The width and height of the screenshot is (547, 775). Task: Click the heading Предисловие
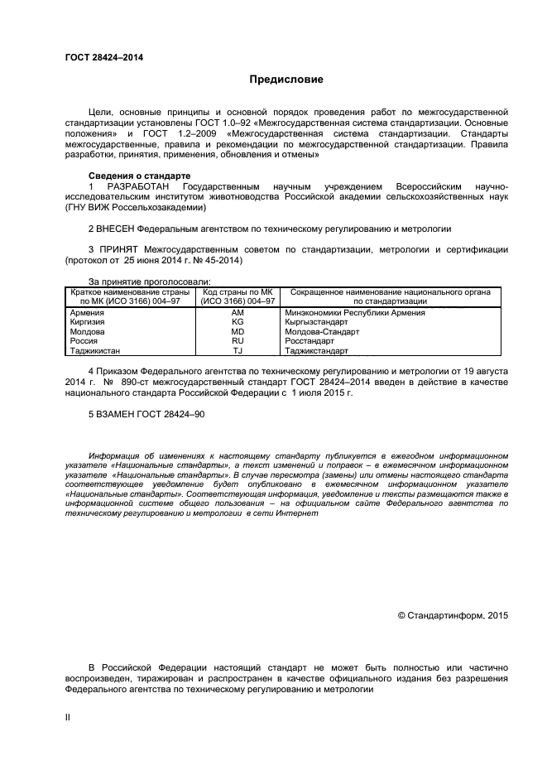click(286, 79)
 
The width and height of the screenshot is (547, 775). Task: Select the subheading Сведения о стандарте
click(139, 176)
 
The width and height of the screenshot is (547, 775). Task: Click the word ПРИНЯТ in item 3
click(118, 248)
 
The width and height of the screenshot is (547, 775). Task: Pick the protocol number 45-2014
click(223, 260)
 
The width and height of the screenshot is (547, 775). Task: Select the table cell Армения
click(87, 313)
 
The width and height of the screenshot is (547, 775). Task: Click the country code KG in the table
click(238, 322)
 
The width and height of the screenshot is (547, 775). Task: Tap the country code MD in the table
click(238, 331)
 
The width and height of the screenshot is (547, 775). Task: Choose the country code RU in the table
click(238, 340)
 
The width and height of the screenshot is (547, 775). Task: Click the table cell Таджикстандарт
click(317, 350)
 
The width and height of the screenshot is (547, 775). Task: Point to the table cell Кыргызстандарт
click(316, 322)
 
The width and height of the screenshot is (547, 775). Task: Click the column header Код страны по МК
click(238, 292)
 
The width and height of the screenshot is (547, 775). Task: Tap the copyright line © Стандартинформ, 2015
click(453, 615)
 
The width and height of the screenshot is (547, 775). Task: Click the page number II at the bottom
click(68, 717)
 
